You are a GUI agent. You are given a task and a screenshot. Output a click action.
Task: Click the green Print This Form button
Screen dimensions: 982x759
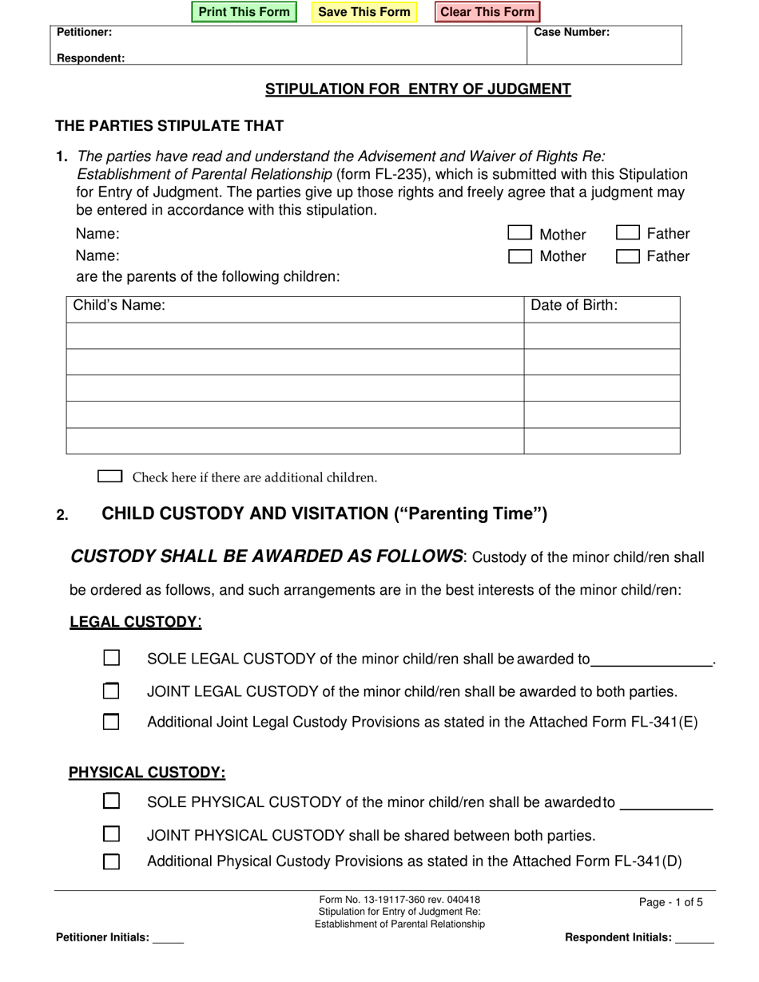click(244, 12)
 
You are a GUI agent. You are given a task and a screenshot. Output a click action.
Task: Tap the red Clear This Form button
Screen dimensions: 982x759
click(487, 12)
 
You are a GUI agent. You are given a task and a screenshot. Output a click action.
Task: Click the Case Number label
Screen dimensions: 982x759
click(571, 33)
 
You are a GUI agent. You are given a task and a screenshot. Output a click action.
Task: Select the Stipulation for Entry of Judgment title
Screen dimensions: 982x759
click(418, 89)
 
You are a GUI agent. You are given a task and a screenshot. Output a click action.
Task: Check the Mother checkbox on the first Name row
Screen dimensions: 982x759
click(520, 233)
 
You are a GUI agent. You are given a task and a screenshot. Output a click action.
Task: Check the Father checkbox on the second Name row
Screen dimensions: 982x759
click(628, 256)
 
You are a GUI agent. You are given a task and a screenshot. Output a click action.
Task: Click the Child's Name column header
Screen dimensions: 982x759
click(120, 306)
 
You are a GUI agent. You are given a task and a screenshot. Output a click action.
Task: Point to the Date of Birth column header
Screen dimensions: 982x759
click(574, 306)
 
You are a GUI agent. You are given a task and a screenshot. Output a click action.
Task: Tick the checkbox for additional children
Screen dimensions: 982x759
click(109, 477)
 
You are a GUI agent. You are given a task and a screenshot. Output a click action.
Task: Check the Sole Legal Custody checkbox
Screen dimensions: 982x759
click(112, 658)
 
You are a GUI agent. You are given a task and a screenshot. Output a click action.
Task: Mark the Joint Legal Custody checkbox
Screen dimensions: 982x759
click(112, 690)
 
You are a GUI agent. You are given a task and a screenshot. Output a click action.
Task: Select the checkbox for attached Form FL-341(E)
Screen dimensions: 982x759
click(112, 722)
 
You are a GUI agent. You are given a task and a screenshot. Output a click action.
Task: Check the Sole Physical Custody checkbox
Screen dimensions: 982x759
click(112, 800)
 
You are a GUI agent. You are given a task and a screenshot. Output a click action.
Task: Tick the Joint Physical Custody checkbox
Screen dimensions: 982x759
click(112, 834)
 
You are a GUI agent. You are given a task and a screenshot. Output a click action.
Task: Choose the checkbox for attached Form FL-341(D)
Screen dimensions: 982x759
click(112, 861)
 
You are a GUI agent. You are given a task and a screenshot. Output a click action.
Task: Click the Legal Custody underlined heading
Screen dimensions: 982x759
click(133, 622)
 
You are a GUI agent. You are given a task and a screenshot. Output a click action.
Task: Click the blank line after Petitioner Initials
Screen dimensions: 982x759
click(168, 939)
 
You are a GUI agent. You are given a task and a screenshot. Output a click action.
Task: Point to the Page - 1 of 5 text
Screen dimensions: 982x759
click(671, 902)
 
